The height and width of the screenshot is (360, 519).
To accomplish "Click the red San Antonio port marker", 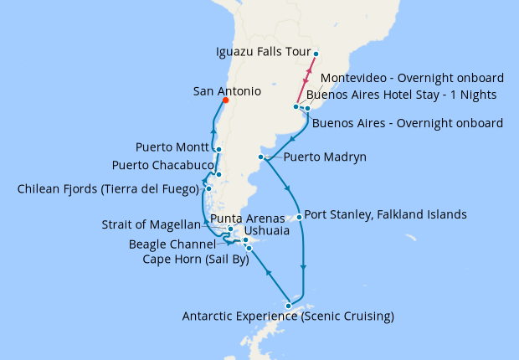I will click(224, 100).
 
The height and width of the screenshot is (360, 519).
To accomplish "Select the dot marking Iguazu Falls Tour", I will click(316, 54).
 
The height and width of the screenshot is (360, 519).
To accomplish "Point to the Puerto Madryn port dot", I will click(262, 157).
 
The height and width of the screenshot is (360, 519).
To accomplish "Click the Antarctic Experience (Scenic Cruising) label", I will click(288, 316).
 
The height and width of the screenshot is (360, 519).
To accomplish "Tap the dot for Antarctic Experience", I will click(289, 305).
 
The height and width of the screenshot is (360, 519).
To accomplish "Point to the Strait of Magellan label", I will click(152, 224).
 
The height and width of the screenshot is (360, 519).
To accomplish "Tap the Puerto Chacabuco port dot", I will click(218, 175).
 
